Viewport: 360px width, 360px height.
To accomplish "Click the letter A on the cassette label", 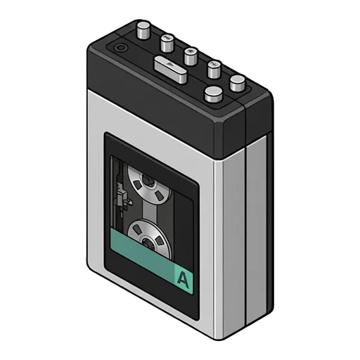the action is coord(183,279).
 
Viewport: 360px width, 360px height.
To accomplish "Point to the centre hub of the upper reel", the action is coord(147,181).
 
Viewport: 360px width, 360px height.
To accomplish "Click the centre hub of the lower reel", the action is coord(148,243).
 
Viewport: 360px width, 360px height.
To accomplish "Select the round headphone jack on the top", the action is coord(120,48).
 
